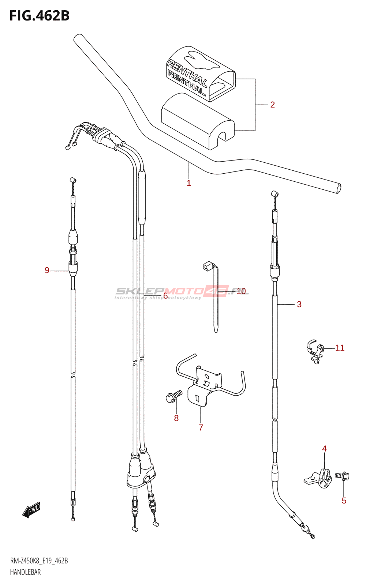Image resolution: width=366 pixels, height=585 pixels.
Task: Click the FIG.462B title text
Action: click(39, 16)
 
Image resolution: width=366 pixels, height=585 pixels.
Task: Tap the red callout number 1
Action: click(189, 183)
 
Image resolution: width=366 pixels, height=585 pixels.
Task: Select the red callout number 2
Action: click(272, 105)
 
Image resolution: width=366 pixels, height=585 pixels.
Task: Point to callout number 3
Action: click(299, 304)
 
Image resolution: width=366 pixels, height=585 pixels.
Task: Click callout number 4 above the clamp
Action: click(324, 449)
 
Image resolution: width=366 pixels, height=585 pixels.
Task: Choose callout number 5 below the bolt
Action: click(344, 501)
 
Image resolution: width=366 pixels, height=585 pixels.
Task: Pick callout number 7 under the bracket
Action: click(201, 427)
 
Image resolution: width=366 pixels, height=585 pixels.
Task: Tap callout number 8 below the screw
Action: click(176, 418)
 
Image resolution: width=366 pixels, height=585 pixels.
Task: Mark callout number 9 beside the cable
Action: click(47, 270)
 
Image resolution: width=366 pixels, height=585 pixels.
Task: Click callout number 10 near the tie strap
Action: click(241, 291)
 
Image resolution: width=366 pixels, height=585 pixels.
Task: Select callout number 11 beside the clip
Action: click(340, 348)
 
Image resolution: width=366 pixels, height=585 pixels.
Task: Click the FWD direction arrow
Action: click(31, 510)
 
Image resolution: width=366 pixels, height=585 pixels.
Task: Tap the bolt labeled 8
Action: click(173, 396)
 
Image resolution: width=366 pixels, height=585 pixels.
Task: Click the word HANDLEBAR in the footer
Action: click(25, 572)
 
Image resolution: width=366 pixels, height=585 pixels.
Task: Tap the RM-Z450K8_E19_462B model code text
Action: click(39, 561)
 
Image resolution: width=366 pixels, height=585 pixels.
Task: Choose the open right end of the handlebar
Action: click(338, 188)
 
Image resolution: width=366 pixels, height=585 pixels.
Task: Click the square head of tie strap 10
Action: click(208, 266)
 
